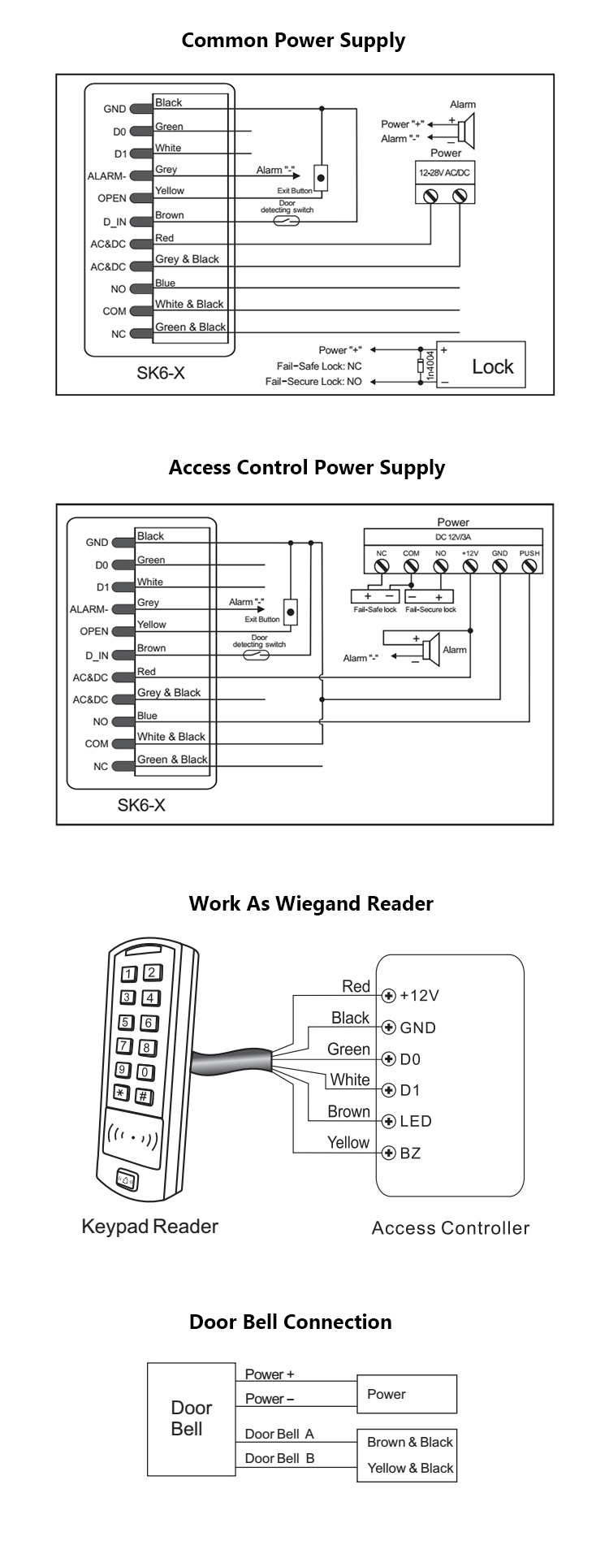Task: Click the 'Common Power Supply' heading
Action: coord(293,41)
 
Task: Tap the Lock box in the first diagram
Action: coord(481,366)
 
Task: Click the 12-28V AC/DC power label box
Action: coord(444,173)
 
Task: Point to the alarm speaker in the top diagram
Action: coord(465,130)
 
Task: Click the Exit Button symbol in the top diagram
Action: coord(321,177)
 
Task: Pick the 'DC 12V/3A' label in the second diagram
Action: coord(453,538)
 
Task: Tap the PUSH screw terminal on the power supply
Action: coord(529,566)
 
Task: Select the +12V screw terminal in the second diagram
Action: coord(470,566)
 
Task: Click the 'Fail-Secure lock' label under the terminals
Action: coord(430,609)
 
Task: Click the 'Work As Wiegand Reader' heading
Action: coord(311,904)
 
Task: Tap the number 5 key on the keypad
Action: coord(127,1022)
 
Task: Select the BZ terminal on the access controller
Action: coord(389,1153)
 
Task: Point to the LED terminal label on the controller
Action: coord(415,1121)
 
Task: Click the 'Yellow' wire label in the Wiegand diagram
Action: coord(348,1142)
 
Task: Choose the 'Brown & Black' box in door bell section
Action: coord(409,1442)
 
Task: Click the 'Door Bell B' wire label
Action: coord(279,1458)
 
